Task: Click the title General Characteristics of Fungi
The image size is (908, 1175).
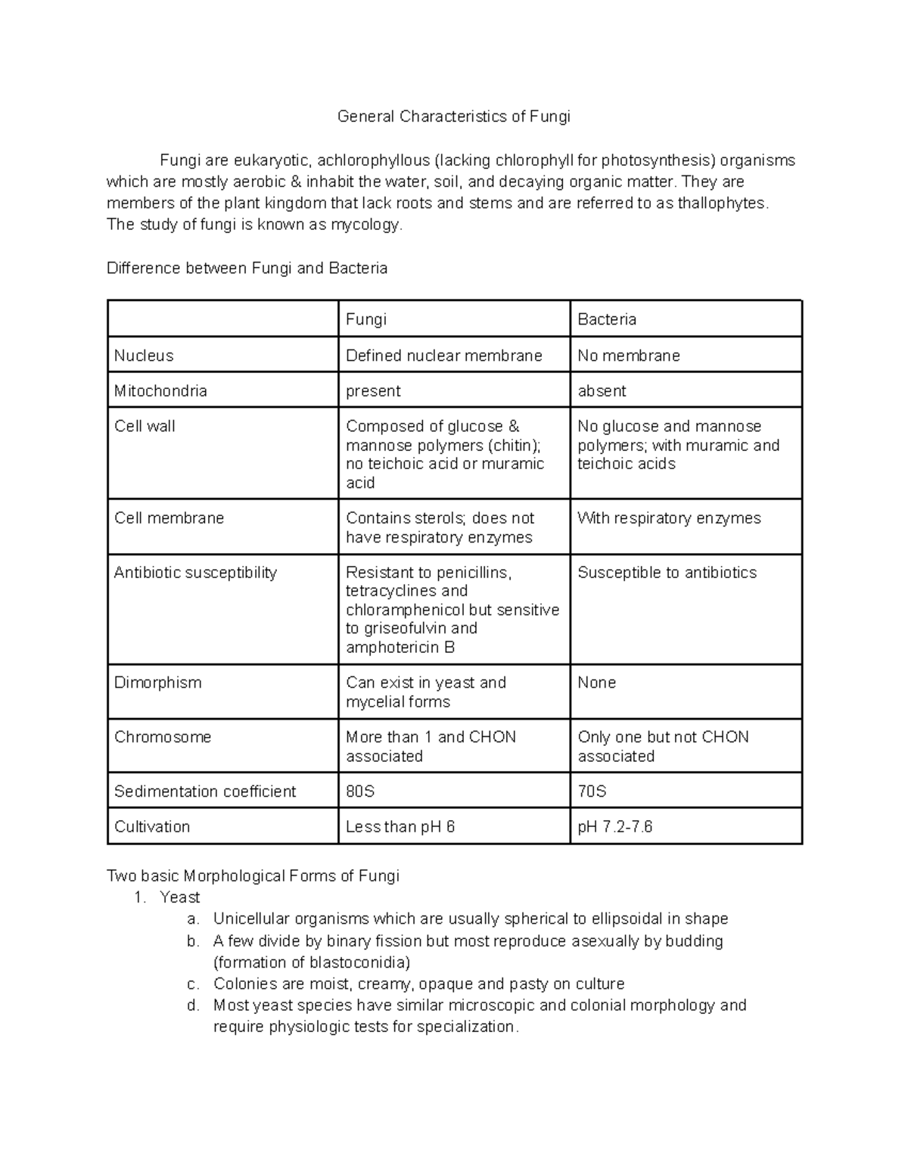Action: click(x=453, y=117)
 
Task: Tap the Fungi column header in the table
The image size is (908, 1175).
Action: click(x=366, y=319)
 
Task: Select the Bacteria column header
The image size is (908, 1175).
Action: click(x=607, y=319)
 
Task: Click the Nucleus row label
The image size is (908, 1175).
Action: click(x=144, y=356)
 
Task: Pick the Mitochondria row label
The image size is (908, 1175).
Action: click(x=160, y=391)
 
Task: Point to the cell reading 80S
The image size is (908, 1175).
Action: click(x=360, y=791)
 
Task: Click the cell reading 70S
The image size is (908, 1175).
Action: click(x=592, y=791)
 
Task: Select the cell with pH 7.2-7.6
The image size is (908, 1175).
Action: click(x=615, y=826)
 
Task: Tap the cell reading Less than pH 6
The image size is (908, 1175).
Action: click(x=400, y=826)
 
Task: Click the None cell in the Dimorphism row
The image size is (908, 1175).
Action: click(x=597, y=682)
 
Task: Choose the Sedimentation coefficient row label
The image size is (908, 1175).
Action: click(x=205, y=791)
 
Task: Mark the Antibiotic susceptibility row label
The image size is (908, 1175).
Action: click(x=195, y=573)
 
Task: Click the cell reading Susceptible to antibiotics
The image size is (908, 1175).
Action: click(x=667, y=573)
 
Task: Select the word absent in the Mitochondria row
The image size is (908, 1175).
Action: click(x=602, y=391)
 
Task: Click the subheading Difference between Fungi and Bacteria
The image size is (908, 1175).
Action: click(x=247, y=269)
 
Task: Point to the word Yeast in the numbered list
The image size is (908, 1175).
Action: click(x=180, y=897)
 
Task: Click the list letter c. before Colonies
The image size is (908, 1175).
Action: click(x=193, y=984)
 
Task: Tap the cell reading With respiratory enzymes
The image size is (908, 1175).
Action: click(x=669, y=518)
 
